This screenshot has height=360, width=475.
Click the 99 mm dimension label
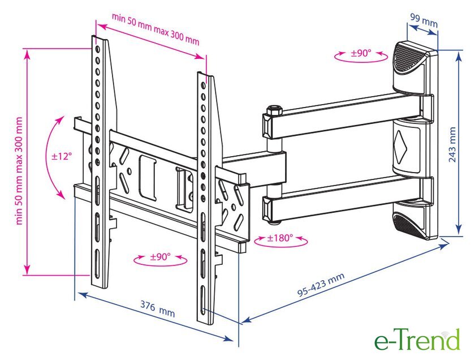point(424,20)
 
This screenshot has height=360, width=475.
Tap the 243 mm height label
point(452,144)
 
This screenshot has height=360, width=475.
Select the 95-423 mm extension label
point(321,284)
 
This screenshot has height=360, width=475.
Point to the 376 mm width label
point(158,308)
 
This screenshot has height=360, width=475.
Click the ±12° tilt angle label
point(62,156)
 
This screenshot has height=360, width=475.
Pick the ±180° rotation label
point(280,238)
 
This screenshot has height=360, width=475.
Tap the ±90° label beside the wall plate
point(361,53)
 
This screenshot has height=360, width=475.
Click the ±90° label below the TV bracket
point(161,257)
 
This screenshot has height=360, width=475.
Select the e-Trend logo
point(417,340)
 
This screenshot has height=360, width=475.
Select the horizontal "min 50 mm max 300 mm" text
point(156,29)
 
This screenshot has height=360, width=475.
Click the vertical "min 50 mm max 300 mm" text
point(19,171)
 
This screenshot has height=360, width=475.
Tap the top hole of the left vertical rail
point(97,49)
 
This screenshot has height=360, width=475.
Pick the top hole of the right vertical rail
point(203,85)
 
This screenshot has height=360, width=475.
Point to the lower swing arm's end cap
point(267,208)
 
